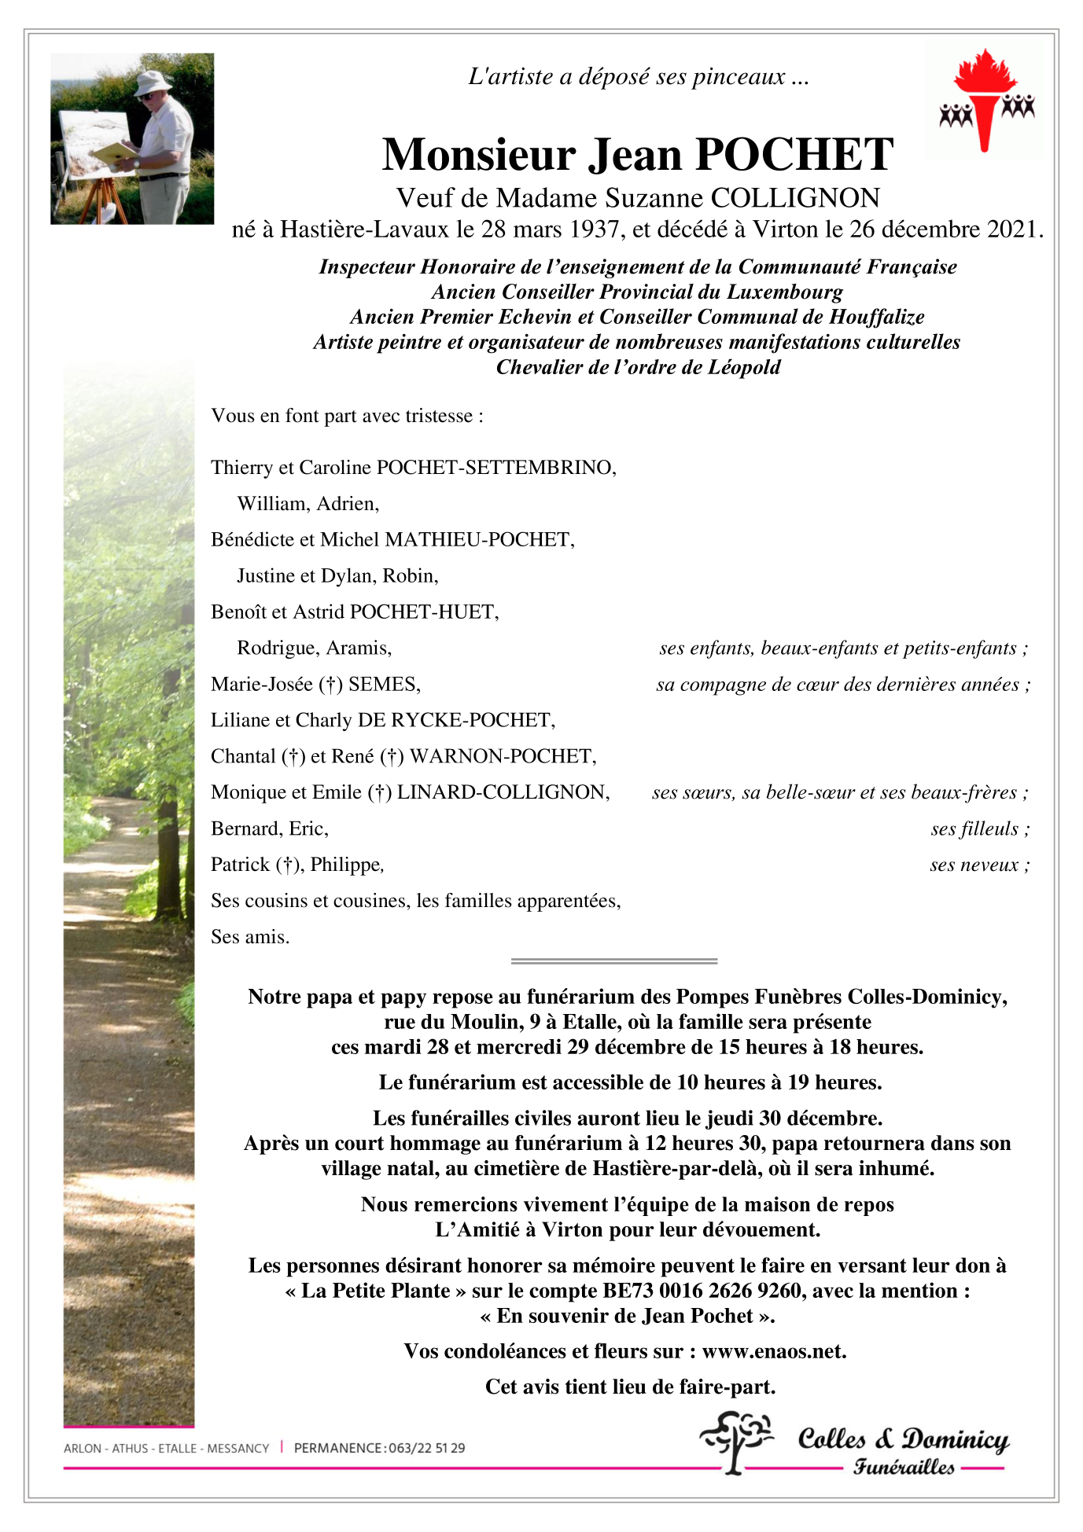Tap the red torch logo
985,99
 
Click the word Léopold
742,367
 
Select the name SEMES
384,685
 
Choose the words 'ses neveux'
974,865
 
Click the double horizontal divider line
613,961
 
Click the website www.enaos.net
773,1351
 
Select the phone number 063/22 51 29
426,1448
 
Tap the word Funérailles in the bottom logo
904,1468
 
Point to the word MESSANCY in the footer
238,1448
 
